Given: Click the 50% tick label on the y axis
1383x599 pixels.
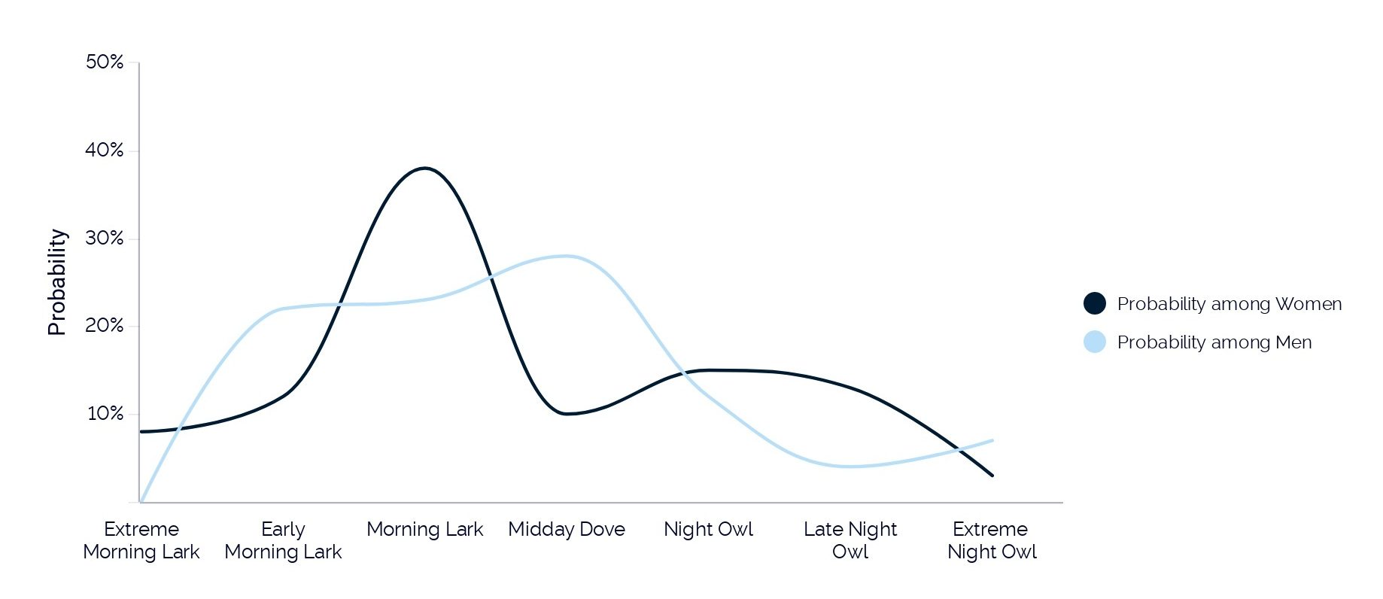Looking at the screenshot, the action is (x=105, y=62).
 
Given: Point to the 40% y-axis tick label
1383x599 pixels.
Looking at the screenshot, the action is (x=105, y=150).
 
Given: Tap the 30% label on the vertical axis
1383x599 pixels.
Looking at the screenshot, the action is (x=105, y=238).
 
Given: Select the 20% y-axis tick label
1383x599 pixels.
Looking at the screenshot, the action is (x=105, y=325).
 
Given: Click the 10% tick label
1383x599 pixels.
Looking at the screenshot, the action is (x=105, y=413).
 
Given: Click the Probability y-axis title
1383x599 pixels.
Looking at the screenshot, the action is (x=57, y=282).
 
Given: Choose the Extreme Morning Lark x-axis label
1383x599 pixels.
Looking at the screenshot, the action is (x=141, y=540).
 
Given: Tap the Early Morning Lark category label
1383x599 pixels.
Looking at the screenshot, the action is (x=283, y=540).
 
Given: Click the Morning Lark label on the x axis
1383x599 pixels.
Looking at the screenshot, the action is (x=425, y=529).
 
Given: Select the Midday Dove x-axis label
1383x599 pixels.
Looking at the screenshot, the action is (x=567, y=529).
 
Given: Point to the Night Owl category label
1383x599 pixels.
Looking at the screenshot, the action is (x=708, y=530).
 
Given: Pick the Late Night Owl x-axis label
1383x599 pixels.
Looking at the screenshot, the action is (x=850, y=540).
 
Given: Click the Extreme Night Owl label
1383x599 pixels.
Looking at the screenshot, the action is (x=992, y=540).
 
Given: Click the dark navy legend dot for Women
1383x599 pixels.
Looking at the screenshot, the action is (x=1095, y=303).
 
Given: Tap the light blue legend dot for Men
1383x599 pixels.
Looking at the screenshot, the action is (x=1095, y=342).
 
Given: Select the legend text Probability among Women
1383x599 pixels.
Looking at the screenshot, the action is (x=1230, y=304).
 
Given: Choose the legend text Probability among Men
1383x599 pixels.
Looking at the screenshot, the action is (x=1214, y=342).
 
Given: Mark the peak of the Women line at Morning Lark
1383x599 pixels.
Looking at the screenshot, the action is (x=425, y=168).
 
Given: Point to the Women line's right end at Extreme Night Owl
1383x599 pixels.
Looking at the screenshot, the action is (x=992, y=476).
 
